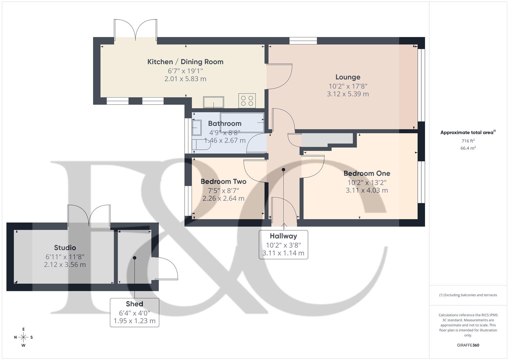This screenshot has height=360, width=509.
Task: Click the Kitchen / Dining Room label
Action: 185,62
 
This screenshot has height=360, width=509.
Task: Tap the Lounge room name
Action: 348,77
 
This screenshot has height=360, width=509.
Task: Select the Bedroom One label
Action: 367,173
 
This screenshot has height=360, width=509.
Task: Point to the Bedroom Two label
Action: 223,182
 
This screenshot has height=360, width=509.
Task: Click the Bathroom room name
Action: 225,124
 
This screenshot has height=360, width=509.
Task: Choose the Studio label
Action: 65,248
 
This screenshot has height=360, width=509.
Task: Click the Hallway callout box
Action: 283,244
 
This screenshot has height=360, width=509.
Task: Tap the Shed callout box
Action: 134,312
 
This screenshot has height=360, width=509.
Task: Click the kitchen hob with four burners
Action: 247,101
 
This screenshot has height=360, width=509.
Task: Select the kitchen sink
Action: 214,102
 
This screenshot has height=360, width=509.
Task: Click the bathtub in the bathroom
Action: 247,122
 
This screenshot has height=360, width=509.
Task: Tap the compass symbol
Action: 23,337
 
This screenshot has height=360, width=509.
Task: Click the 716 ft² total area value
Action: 468,141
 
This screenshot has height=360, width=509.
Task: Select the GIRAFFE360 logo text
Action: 468,345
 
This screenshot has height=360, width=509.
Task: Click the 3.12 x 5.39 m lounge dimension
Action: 348,94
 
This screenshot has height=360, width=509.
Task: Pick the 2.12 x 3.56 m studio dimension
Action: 65,265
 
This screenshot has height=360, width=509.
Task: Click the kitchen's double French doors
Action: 135,31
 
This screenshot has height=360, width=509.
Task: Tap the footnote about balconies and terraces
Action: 468,295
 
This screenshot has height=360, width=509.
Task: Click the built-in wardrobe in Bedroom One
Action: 327,140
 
